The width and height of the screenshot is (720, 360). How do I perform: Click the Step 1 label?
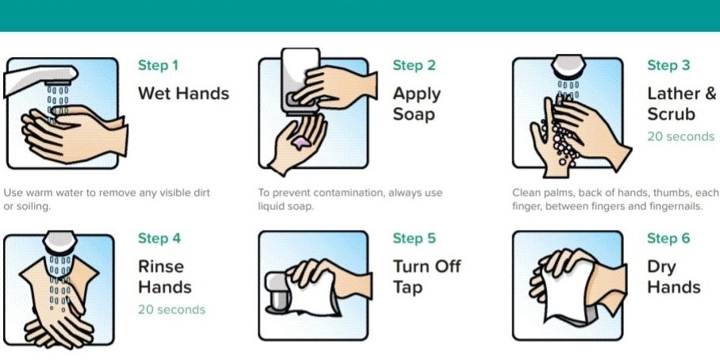[158, 66]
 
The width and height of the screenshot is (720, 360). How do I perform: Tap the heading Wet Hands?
[184, 94]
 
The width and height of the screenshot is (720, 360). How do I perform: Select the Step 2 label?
[414, 66]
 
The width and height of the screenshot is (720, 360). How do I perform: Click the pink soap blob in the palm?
[301, 143]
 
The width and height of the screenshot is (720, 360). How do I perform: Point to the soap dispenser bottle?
[301, 81]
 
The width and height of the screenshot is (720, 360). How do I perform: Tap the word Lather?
[674, 94]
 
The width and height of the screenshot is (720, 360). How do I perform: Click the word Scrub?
[671, 114]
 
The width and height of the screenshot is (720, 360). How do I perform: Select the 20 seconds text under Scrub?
[681, 136]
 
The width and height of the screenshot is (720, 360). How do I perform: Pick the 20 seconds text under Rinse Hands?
[172, 309]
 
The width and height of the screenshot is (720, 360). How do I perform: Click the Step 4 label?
[159, 239]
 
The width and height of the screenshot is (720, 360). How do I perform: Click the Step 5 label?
[414, 239]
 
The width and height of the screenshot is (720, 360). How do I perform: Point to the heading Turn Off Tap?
[427, 277]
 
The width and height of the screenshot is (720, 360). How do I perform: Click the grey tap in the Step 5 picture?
[278, 293]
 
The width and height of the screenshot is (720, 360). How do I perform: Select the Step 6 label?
[668, 239]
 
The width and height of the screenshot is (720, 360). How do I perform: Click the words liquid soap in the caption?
[285, 207]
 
